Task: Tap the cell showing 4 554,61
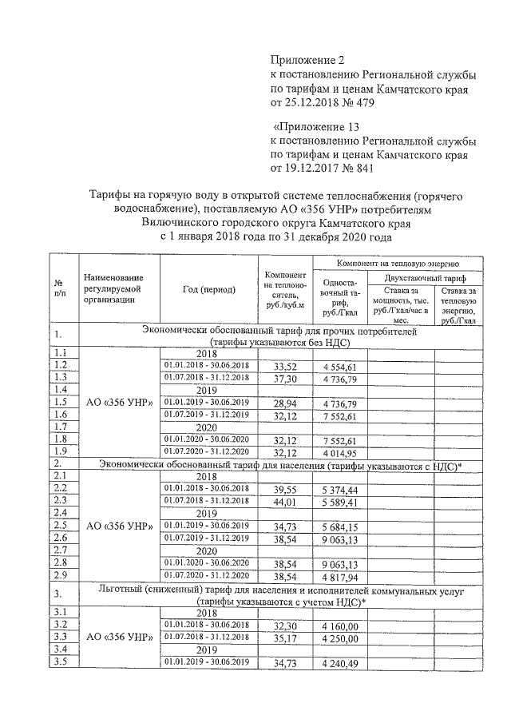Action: pos(344,367)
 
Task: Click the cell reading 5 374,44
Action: pos(344,489)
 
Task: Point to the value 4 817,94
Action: pos(344,575)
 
